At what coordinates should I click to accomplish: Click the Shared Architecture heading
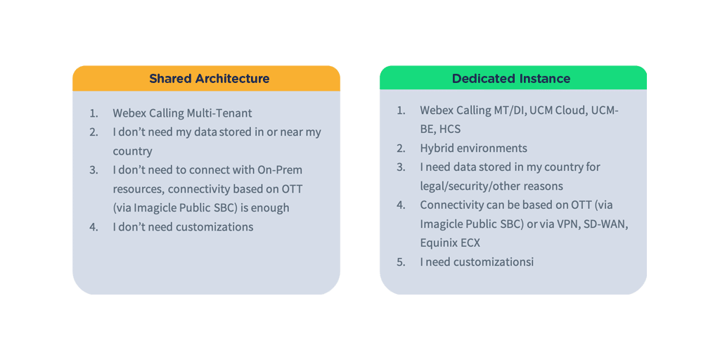point(209,79)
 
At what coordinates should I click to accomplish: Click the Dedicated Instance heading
point(511,79)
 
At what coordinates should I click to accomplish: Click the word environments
point(494,148)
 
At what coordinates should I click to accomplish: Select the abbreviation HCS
point(451,129)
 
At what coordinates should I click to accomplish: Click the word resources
point(139,188)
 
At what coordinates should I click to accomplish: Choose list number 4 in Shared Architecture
point(93,226)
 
